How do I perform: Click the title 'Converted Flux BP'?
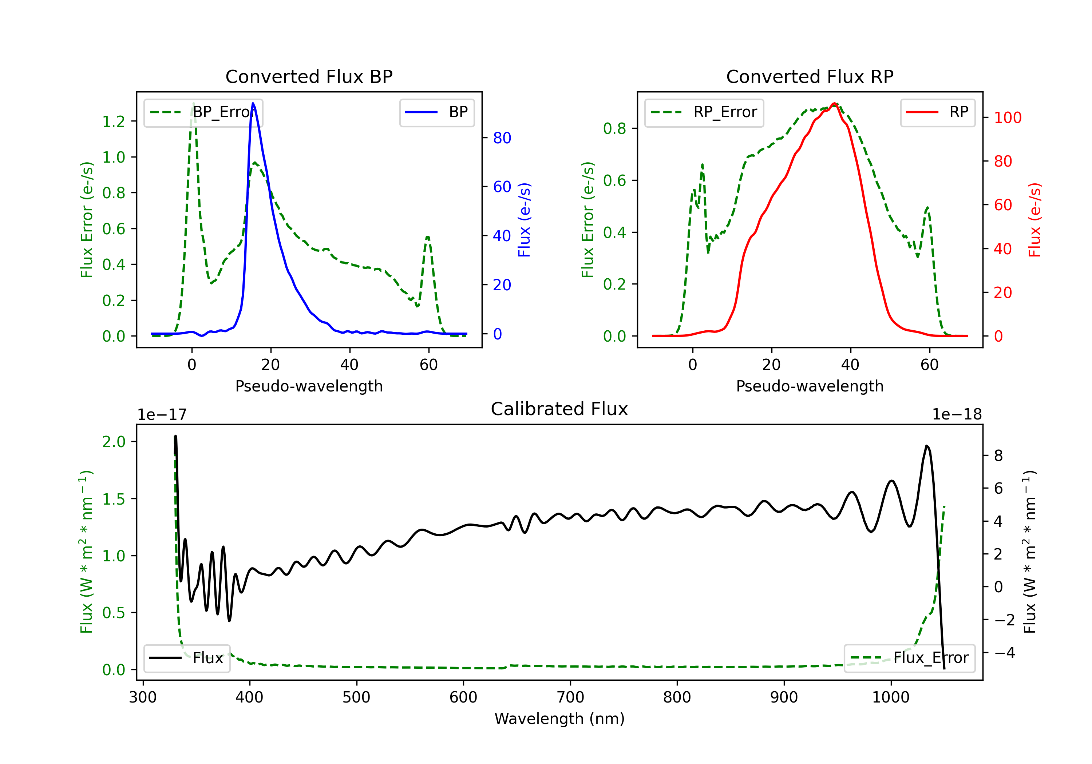click(309, 76)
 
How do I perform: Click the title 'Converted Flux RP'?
click(810, 76)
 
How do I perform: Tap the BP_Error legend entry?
click(203, 113)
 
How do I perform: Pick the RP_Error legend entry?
click(704, 113)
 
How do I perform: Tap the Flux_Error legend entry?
click(909, 658)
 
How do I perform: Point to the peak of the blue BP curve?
click(253, 104)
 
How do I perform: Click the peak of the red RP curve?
click(834, 104)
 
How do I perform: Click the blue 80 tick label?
click(502, 138)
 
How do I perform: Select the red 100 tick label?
click(1007, 118)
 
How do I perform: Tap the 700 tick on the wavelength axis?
click(570, 697)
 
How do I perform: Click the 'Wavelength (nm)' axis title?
click(559, 719)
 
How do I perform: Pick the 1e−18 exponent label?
click(957, 415)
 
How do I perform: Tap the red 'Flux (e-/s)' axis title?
click(1034, 220)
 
